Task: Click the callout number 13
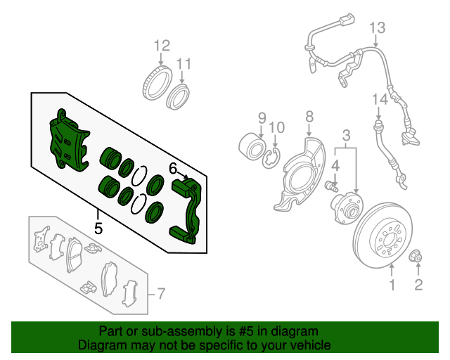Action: tap(377, 28)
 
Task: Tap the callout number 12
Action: tap(162, 46)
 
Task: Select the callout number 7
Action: tap(161, 294)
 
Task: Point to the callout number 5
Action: tap(98, 229)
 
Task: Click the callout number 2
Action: tap(418, 285)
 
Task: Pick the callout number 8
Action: tap(309, 117)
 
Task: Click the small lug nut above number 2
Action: tap(416, 257)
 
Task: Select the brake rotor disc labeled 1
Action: tap(383, 236)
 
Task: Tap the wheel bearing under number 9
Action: tap(252, 147)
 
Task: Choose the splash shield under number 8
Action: tap(300, 174)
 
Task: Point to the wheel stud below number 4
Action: tap(332, 186)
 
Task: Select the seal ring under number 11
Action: tap(179, 97)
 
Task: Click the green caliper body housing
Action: tap(69, 141)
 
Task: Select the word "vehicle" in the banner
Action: tap(311, 345)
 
